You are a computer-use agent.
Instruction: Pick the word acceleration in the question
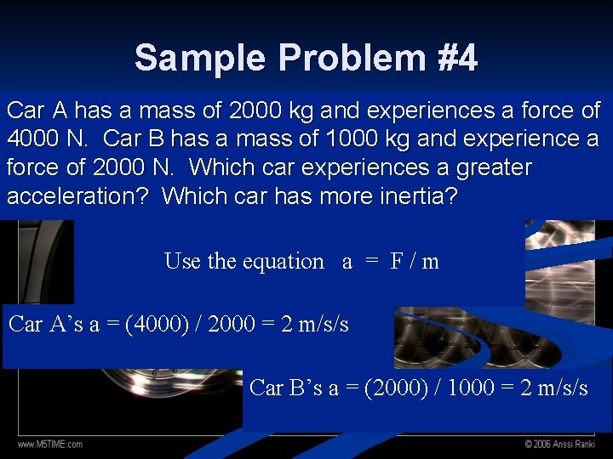pyautogui.click(x=77, y=196)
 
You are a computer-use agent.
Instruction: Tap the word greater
pyautogui.click(x=482, y=167)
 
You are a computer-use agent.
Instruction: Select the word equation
pyautogui.click(x=283, y=262)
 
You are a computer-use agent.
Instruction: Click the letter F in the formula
pyautogui.click(x=397, y=262)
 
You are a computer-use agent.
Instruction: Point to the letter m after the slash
pyautogui.click(x=430, y=262)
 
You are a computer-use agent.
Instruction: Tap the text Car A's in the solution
pyautogui.click(x=46, y=325)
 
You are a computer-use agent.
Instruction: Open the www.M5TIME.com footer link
pyautogui.click(x=50, y=444)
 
